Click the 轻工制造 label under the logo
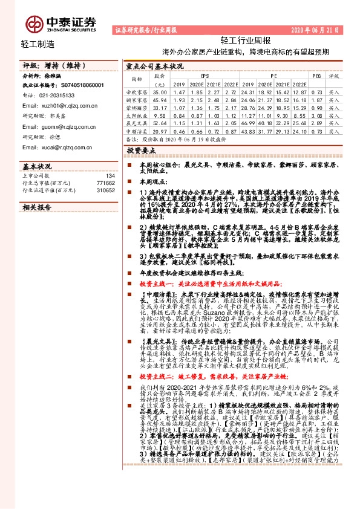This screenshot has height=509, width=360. (38, 44)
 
